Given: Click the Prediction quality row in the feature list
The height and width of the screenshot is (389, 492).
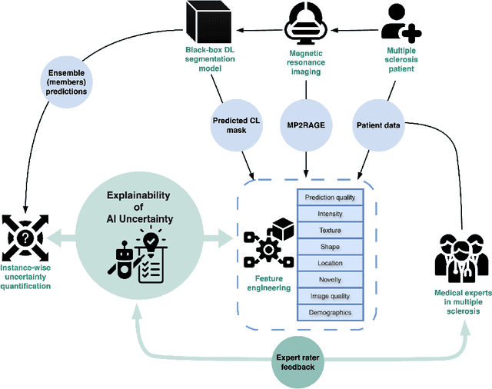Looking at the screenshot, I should click(330, 197).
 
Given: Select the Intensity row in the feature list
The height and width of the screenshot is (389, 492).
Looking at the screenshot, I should click(330, 214).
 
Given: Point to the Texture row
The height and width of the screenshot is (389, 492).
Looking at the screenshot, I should click(330, 231).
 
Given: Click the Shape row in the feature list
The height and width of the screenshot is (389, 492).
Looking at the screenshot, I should click(330, 247).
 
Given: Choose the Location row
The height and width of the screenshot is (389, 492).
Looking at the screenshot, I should click(330, 264).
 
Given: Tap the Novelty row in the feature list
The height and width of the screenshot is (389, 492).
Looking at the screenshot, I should click(330, 280).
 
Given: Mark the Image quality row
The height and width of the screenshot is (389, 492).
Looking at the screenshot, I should click(330, 296).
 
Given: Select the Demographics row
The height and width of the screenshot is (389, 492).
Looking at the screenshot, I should click(330, 313).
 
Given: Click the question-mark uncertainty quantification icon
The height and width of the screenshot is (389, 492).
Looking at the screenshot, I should click(27, 236).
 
